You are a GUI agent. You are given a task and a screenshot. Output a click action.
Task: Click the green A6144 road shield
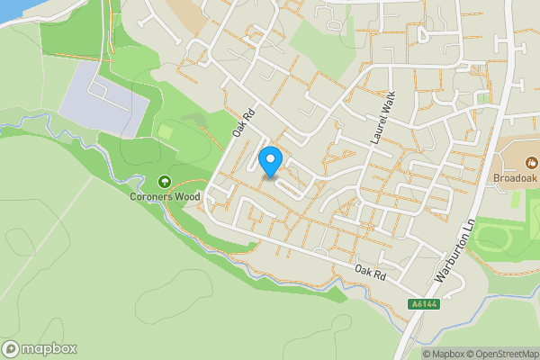(x=423, y=304)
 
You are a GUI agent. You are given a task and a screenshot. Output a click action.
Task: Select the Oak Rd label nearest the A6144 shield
(x=370, y=269)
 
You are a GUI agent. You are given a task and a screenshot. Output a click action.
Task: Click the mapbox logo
(x=40, y=349)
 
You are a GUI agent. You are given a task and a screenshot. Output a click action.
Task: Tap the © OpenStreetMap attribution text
(x=502, y=354)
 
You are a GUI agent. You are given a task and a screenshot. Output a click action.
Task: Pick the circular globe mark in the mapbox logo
(x=11, y=349)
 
